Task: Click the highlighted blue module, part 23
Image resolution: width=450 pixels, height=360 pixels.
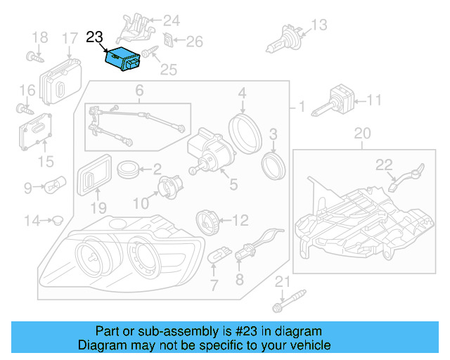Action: [122, 60]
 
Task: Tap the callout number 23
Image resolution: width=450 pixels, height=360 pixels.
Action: [95, 37]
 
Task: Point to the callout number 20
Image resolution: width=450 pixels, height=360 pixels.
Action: [361, 132]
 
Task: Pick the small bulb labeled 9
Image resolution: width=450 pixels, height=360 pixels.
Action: [55, 187]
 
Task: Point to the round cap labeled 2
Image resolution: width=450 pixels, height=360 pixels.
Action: [127, 169]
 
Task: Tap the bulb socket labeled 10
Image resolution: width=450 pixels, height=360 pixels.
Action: [168, 188]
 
